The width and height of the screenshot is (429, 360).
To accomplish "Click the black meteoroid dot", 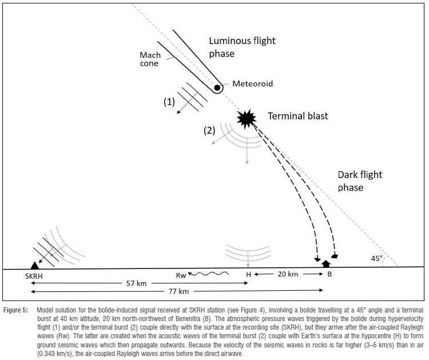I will pos(218,88).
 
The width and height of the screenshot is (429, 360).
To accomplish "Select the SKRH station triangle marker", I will pos(35,264).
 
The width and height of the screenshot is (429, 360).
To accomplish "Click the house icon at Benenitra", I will pos(327,264).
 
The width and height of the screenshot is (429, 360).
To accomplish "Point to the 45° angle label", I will pos(376,258).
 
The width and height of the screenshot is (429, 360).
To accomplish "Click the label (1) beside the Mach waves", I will pos(169,102).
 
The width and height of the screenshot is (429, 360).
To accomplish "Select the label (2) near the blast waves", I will pos(210,130).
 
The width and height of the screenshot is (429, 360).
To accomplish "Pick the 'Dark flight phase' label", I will pos(359,181).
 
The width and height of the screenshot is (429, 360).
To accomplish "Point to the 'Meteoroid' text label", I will pos(252,84).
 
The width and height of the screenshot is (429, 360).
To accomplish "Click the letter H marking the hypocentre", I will pos(248,275).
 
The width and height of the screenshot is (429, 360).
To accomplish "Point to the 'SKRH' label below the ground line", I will pos(35,275).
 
